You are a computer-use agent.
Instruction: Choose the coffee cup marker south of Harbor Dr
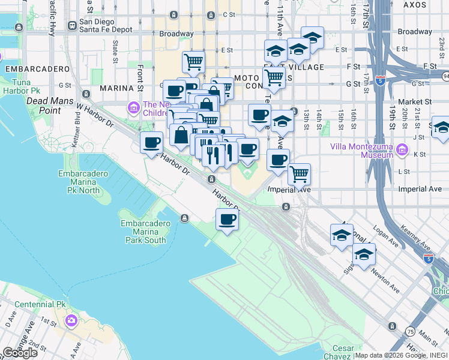pos(227,220)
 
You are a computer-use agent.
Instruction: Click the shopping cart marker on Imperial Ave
pos(299,175)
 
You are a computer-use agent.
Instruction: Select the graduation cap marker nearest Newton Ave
pos(364,254)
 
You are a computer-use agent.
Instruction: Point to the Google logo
pos(20,353)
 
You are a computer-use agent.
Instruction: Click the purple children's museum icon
pos(133,107)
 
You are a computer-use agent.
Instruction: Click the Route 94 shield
pos(445,76)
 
